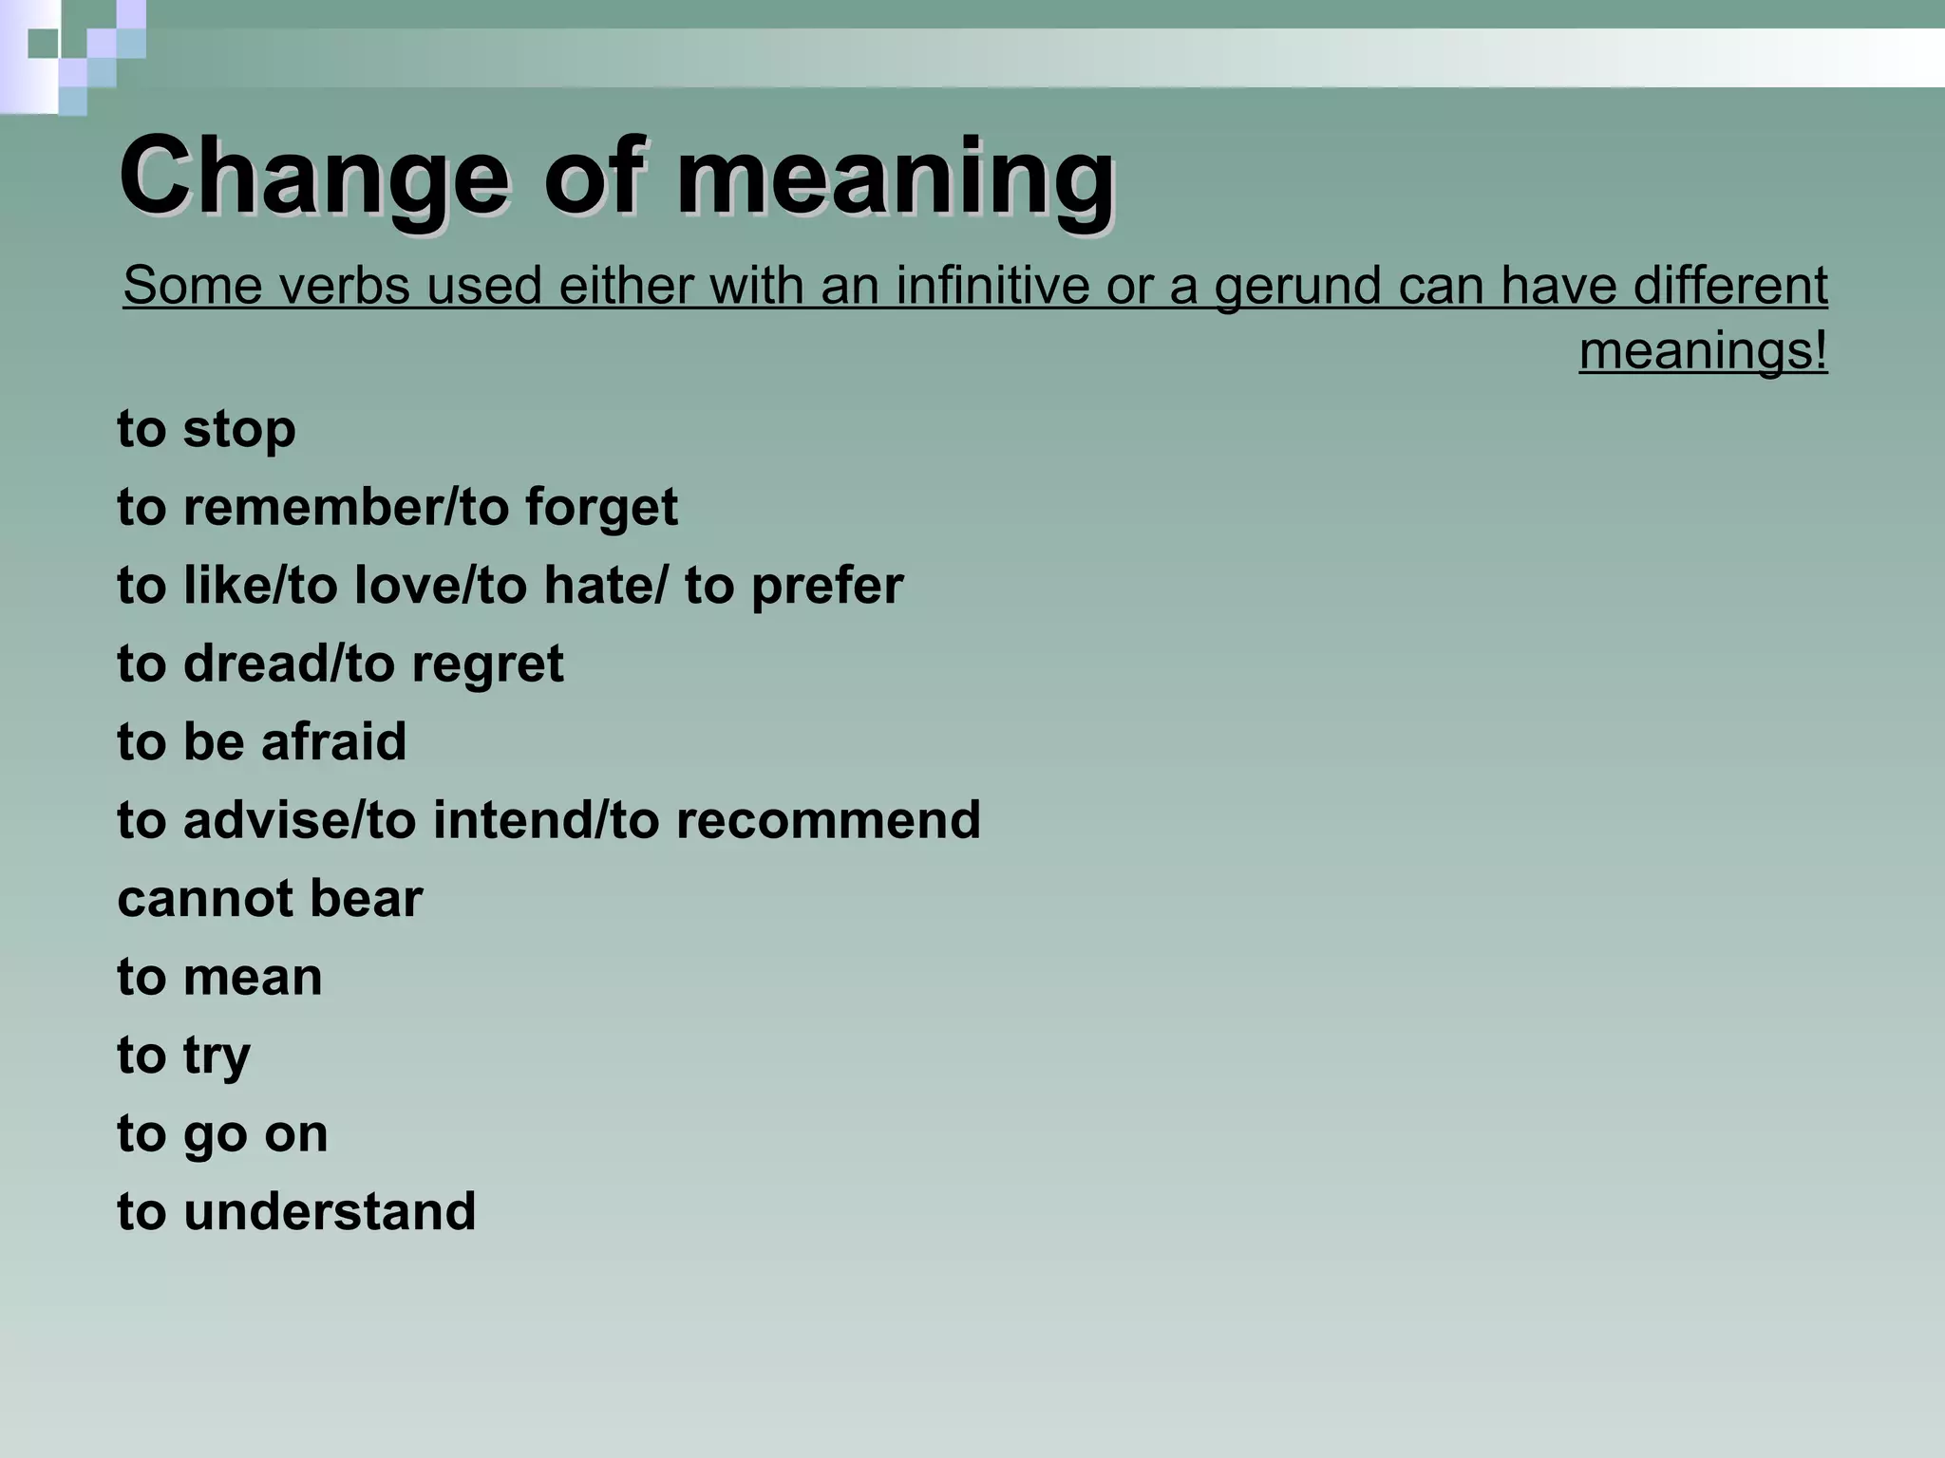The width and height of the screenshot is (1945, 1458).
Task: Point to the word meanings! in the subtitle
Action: (1703, 351)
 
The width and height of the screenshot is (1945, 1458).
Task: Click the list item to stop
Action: (206, 429)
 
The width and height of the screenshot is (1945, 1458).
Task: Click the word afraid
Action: (333, 741)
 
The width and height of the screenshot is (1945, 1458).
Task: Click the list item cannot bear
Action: (270, 899)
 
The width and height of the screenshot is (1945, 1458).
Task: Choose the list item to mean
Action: (219, 977)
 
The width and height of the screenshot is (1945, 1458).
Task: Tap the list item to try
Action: (183, 1056)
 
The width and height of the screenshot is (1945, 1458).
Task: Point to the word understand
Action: (330, 1212)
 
